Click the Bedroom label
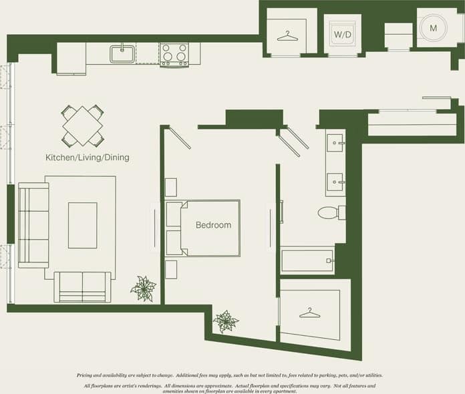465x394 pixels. point(213,225)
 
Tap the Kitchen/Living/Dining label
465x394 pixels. point(87,158)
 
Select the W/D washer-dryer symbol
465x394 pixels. point(342,34)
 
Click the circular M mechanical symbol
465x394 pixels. point(433,28)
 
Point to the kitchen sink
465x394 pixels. point(123,54)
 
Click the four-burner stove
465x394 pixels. point(174,54)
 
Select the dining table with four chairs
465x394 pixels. point(82,125)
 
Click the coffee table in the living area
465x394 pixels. point(82,225)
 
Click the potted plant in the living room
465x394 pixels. point(143,288)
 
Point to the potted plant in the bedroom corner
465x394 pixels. point(226,321)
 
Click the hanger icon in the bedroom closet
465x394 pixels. point(309,313)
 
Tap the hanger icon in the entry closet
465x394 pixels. point(287,35)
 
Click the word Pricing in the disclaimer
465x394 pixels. point(90,375)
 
